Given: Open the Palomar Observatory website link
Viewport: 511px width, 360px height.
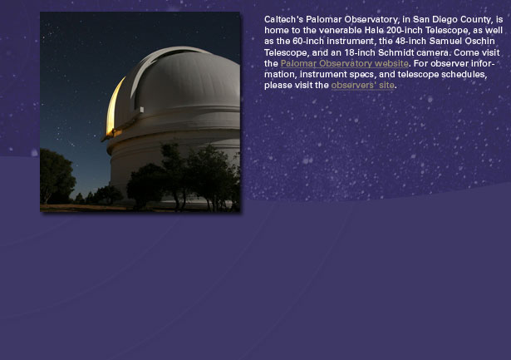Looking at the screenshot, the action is [345, 63].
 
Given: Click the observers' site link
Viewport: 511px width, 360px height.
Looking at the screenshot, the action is [363, 85].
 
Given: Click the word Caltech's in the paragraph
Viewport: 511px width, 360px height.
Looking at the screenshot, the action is [284, 20].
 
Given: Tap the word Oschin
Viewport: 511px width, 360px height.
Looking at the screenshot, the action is [480, 41].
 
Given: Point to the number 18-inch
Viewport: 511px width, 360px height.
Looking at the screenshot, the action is [360, 52].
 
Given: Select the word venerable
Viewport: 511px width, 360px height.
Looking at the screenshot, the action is [340, 30].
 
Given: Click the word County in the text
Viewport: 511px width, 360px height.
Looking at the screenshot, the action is [476, 20].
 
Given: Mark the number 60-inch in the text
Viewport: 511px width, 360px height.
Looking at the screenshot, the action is [308, 41].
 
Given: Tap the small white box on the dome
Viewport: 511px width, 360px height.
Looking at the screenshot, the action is [141, 110].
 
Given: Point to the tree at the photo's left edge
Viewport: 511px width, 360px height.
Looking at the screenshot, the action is [56, 176].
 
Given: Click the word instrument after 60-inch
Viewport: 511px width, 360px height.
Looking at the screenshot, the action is [350, 41].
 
